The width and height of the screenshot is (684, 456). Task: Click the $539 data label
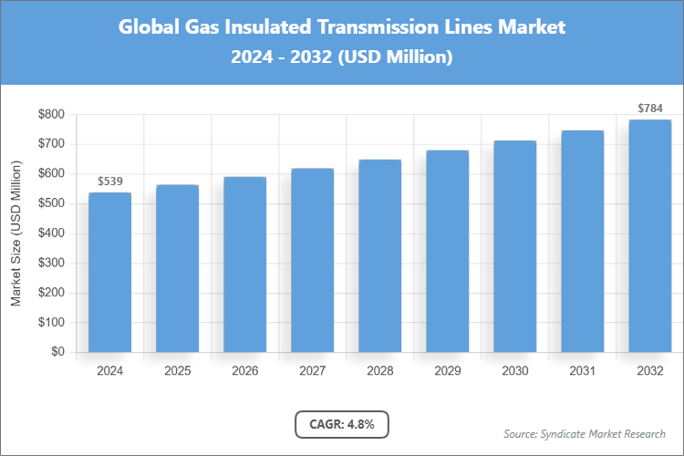tap(109, 181)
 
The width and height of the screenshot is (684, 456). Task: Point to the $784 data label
tap(649, 109)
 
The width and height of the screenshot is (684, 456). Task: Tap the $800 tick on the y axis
tap(51, 114)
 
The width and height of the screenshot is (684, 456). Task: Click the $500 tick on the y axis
tap(51, 203)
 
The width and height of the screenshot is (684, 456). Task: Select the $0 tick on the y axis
tap(57, 352)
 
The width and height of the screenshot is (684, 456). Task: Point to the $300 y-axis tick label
tap(51, 263)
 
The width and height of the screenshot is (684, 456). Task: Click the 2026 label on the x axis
tap(244, 371)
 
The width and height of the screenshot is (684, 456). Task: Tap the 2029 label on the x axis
tap(447, 371)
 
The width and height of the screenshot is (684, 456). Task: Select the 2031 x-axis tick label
tap(582, 371)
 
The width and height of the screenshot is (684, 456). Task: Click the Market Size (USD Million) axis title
tap(16, 233)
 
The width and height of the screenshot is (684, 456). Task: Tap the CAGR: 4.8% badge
tap(342, 424)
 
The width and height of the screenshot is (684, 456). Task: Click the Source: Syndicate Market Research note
tap(585, 433)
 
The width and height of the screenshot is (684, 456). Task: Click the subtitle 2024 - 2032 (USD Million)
tap(342, 57)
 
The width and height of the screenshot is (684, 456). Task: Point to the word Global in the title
tap(149, 27)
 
